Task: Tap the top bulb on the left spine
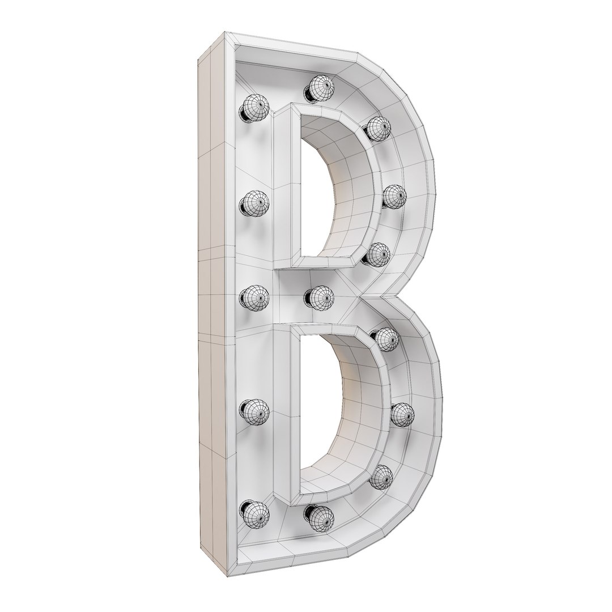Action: tap(254, 107)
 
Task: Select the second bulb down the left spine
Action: tap(254, 202)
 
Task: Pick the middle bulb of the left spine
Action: tap(254, 296)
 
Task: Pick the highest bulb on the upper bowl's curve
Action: tap(378, 128)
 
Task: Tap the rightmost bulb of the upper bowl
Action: tap(394, 196)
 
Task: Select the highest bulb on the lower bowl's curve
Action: tap(388, 339)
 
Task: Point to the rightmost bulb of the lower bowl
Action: tap(402, 414)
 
